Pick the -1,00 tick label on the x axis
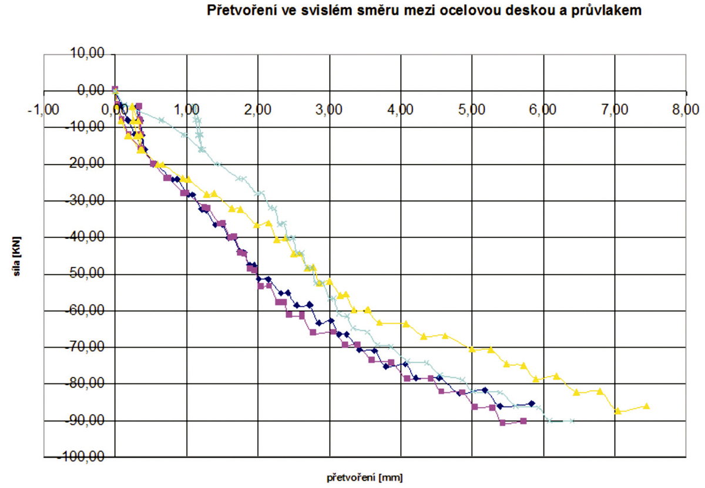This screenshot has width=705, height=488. (x=44, y=109)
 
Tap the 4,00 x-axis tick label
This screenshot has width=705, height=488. (x=401, y=109)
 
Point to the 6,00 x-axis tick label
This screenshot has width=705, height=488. (x=543, y=109)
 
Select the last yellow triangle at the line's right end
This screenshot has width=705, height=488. (x=646, y=406)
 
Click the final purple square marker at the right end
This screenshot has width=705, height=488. (x=523, y=420)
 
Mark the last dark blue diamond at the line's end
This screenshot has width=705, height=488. (x=532, y=403)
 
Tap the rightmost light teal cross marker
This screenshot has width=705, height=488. (x=572, y=420)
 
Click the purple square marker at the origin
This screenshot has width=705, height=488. (x=115, y=89)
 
